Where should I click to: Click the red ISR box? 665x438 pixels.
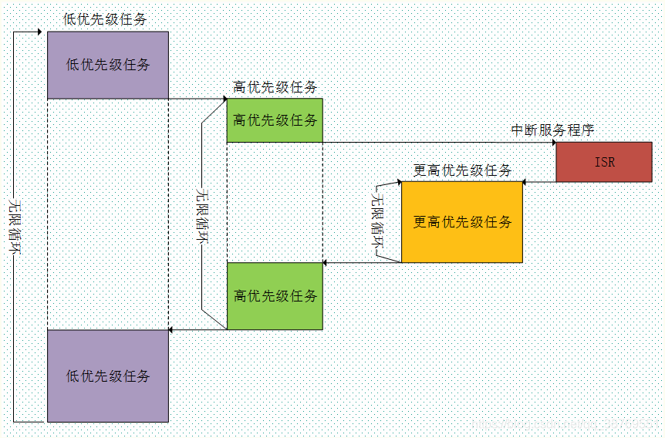pos(604,162)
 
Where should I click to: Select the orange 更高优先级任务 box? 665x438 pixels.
pos(461,222)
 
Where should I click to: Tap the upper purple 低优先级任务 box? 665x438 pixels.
pos(107,65)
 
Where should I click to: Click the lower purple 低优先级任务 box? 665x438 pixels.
pos(107,376)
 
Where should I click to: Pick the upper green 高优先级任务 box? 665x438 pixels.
pos(275,120)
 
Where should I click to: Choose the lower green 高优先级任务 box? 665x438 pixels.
pos(275,296)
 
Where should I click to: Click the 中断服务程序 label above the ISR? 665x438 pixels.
pos(553,130)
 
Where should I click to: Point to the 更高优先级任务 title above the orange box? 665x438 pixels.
pos(462,170)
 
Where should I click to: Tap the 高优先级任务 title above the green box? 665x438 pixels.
pos(275,87)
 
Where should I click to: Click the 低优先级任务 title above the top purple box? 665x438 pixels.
pos(106,19)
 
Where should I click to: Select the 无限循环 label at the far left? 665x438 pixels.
pos(13,223)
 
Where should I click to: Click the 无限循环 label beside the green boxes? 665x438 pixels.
pos(202,215)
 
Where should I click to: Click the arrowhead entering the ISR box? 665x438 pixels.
pos(552,143)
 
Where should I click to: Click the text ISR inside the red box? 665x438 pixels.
pos(605,162)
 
